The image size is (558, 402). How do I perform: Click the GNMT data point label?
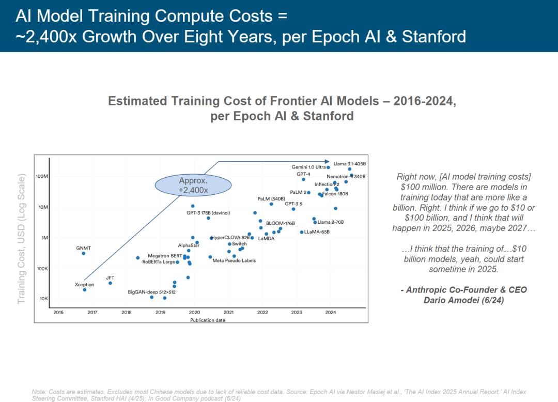tap(83, 248)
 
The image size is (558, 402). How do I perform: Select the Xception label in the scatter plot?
tap(84, 285)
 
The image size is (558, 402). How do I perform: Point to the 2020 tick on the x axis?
tap(194, 312)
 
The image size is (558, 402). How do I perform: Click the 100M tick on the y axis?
tap(42, 176)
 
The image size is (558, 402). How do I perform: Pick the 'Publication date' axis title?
tap(207, 320)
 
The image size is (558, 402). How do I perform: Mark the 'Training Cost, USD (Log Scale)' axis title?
tap(21, 239)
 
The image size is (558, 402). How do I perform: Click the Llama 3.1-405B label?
tap(349, 164)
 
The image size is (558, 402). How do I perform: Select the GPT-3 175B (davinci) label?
tap(208, 213)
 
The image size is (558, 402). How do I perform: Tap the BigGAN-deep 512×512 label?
tap(151, 292)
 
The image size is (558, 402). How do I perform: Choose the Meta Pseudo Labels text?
tap(234, 260)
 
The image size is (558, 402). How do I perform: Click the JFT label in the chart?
tap(110, 278)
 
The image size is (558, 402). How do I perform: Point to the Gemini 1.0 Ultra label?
tap(308, 167)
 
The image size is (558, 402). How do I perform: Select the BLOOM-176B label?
tap(280, 223)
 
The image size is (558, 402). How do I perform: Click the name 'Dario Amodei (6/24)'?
tap(463, 300)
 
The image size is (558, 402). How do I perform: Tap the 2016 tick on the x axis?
tap(58, 312)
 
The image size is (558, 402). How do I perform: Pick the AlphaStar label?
tap(189, 245)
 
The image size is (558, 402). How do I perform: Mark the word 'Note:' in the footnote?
tap(39, 392)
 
